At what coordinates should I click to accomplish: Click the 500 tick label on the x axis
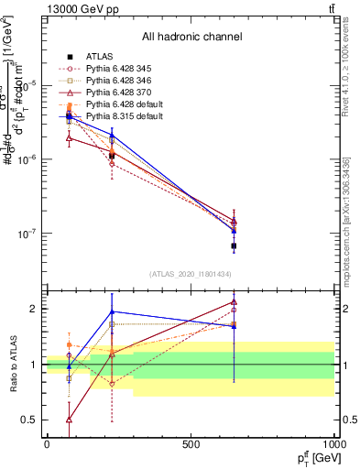[191, 444]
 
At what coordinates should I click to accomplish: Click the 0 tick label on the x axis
[47, 444]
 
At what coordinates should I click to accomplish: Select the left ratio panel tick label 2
[29, 309]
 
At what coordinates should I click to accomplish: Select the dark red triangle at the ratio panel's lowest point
[70, 420]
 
